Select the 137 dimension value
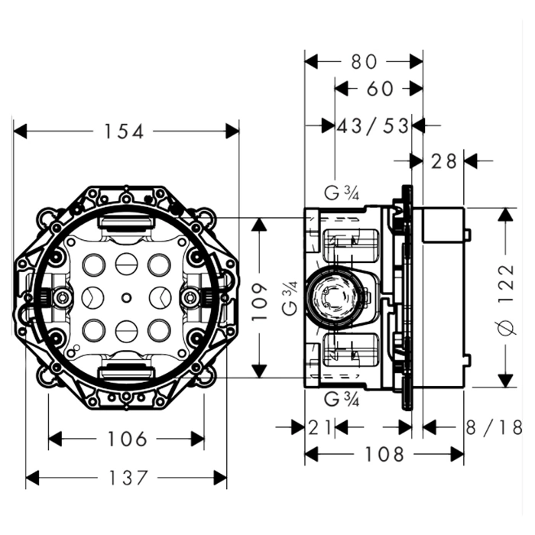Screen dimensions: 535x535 [x=127, y=479]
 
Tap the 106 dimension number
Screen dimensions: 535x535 [x=127, y=439]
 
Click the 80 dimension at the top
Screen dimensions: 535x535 [x=364, y=60]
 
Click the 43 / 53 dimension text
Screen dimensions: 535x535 [x=373, y=125]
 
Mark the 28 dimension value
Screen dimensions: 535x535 [x=443, y=161]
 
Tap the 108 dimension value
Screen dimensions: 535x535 [x=384, y=454]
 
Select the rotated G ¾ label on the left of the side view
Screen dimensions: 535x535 [x=291, y=298]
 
